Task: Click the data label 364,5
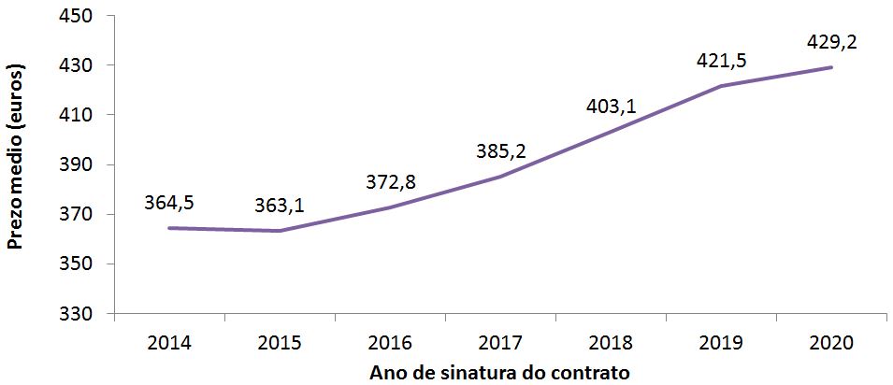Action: [169, 202]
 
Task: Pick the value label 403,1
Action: [611, 107]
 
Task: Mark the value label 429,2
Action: [831, 42]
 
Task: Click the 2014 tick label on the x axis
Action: [169, 343]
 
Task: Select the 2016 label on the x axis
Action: [390, 343]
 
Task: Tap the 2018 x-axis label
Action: [611, 343]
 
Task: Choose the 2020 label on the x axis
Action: [831, 343]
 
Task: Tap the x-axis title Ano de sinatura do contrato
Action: [499, 372]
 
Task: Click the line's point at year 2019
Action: [721, 86]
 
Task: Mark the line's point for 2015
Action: [280, 231]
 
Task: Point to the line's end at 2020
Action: [831, 67]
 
